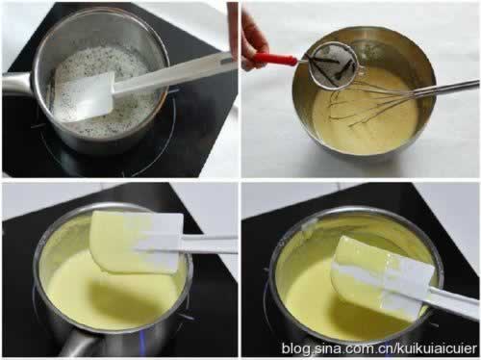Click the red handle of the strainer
[x=273, y=59]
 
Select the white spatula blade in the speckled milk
[x=84, y=95]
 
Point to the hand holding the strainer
[x=253, y=40]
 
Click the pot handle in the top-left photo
[x=16, y=84]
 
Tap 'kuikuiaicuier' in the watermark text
[x=437, y=348]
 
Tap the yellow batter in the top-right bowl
[x=366, y=116]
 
